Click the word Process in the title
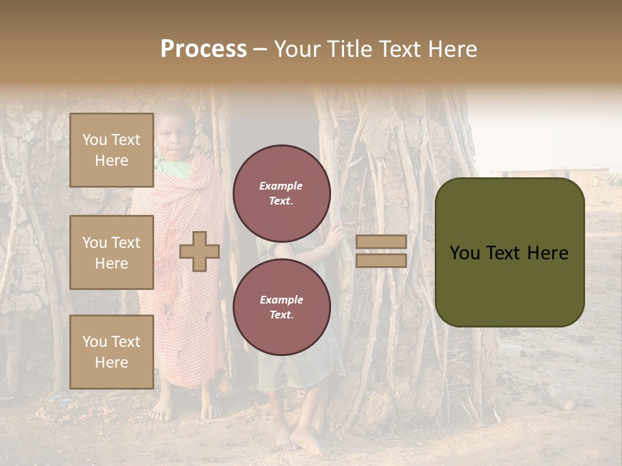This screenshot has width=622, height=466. tap(203, 49)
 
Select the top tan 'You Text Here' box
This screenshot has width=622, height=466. tap(111, 150)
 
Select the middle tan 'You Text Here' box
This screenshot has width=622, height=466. tap(111, 252)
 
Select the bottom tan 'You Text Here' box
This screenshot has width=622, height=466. tap(111, 351)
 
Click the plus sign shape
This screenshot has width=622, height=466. tap(200, 251)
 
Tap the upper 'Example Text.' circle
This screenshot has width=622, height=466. tap(281, 194)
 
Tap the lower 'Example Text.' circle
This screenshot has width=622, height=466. tap(281, 307)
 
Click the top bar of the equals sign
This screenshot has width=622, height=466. tap(381, 241)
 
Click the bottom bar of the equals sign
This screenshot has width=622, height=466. tap(381, 260)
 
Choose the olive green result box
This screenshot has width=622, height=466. tap(509, 252)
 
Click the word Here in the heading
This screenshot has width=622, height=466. tap(453, 49)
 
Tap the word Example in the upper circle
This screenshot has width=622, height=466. tap(281, 186)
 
